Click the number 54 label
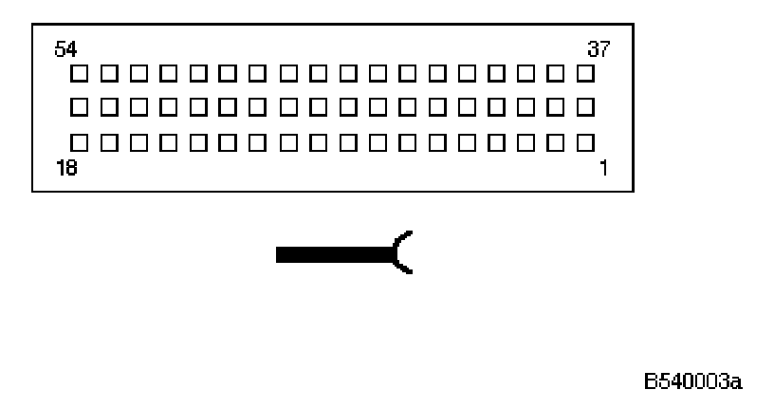66,48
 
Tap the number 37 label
599,48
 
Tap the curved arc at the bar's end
402,252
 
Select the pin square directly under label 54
80,72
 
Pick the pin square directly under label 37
587,72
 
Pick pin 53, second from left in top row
109,72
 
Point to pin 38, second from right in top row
558,72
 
